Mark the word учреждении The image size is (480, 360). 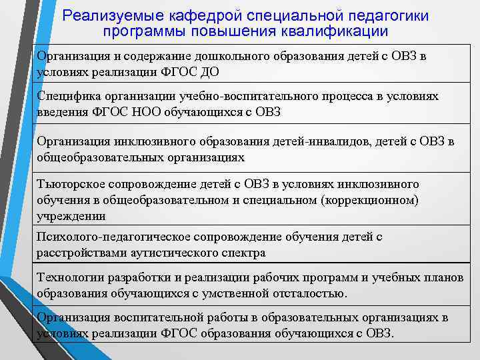tap(71, 216)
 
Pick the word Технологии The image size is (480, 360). tap(69, 277)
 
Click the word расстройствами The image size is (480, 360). tap(77, 253)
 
